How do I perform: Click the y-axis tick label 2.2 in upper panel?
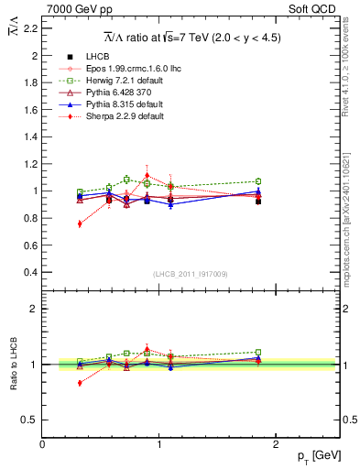(x=30, y=28)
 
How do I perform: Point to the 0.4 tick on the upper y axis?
(x=30, y=272)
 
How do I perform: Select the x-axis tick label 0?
(x=43, y=444)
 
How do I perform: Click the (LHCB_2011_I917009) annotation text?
(x=190, y=273)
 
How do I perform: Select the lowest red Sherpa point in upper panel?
(x=80, y=224)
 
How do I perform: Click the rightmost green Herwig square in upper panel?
(x=258, y=181)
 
